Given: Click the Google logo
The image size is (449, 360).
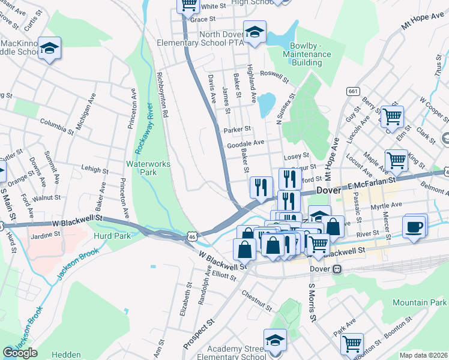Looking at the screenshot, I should click(x=20, y=353).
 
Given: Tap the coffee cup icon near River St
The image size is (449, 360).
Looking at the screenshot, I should click(x=415, y=227).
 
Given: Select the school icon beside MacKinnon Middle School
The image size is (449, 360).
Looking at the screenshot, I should click(x=49, y=47).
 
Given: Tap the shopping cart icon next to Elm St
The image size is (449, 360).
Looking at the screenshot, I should click(x=392, y=116).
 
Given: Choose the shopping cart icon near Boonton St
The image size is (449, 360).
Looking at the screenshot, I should click(x=352, y=344).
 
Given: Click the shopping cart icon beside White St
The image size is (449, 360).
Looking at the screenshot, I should click(x=188, y=5).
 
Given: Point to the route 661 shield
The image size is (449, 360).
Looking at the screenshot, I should click(x=352, y=91).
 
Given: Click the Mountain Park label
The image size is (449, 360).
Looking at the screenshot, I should click(x=418, y=304).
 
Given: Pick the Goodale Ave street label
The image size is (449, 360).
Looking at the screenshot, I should click(x=246, y=143).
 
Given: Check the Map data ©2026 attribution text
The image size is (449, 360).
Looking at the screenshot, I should click(x=423, y=355).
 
